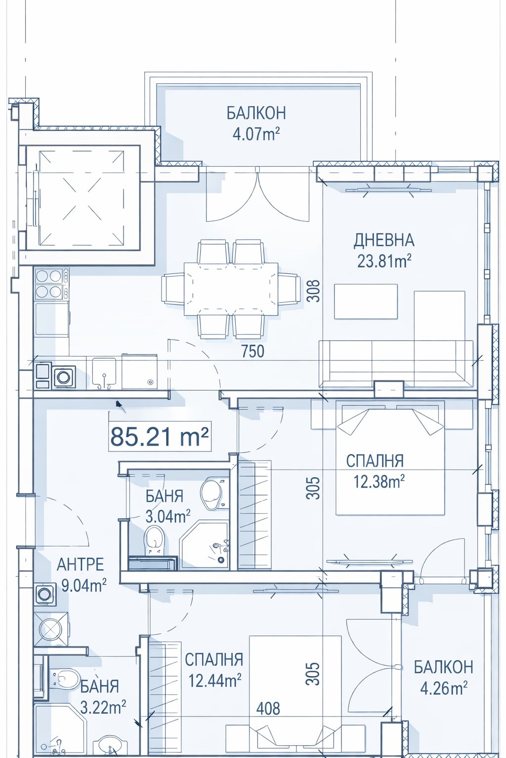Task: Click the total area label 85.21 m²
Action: tap(159, 437)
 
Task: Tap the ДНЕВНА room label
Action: tap(384, 240)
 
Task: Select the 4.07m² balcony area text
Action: tap(256, 134)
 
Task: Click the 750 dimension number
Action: tap(253, 351)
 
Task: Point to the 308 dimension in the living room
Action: tap(314, 291)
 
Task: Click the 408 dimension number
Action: tap(268, 709)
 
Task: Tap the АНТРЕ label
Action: tap(80, 564)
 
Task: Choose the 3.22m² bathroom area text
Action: tap(103, 707)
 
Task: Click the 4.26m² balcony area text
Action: tap(444, 688)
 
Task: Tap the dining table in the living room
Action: tap(230, 289)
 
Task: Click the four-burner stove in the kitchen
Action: tap(48, 284)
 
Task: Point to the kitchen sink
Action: tap(104, 373)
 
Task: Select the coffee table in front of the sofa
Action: tap(366, 301)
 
